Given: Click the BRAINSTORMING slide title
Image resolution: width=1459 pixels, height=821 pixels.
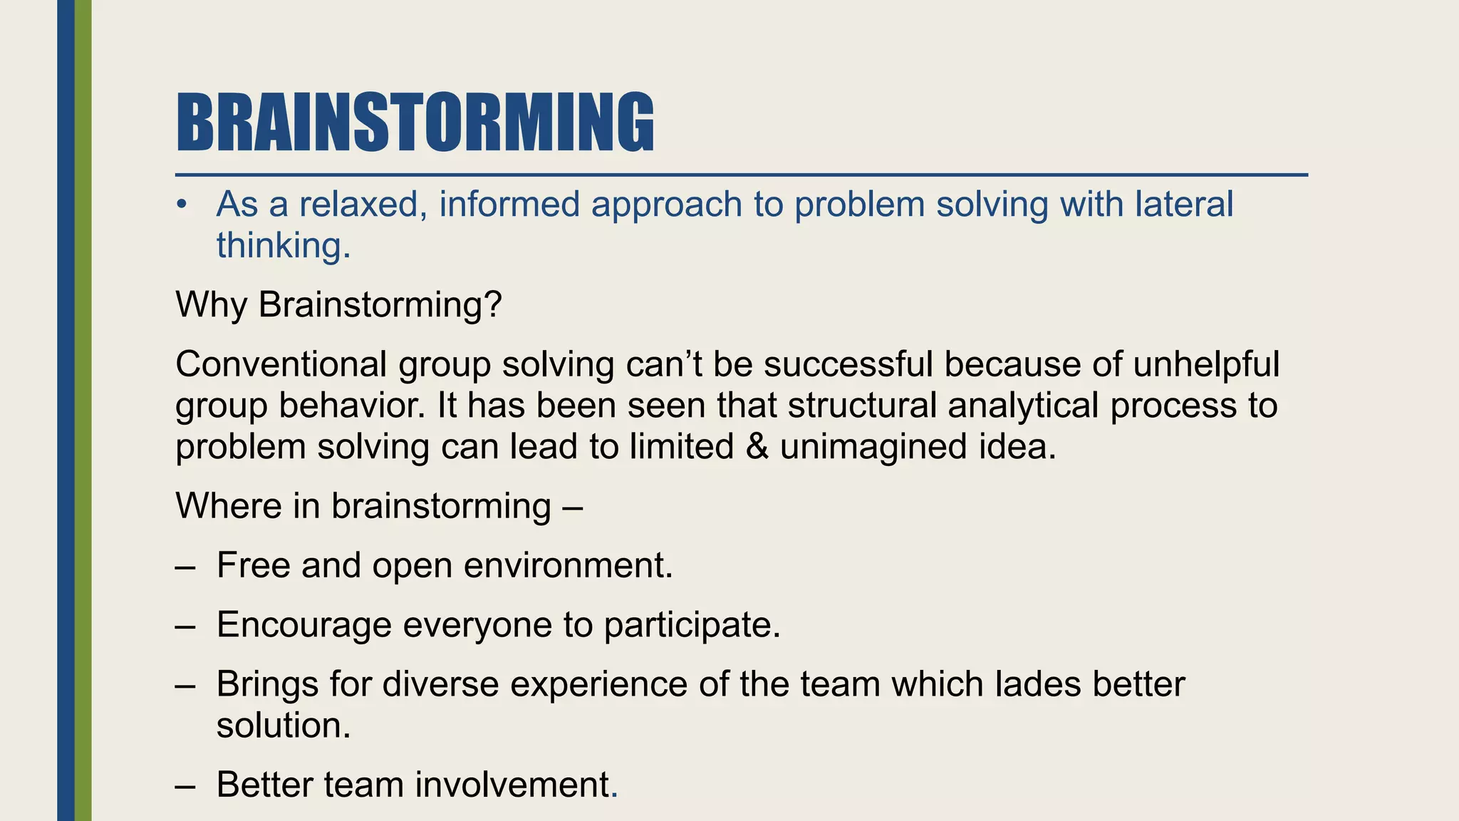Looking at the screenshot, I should pos(415,123).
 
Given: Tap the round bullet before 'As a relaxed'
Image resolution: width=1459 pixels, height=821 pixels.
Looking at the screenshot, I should pos(182,205).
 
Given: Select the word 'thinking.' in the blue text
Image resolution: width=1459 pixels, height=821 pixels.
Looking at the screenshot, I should pos(284,246).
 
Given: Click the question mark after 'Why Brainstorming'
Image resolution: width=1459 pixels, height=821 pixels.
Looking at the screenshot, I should pos(493,304).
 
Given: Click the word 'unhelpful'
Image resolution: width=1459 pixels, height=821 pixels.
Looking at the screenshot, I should pos(1206,364).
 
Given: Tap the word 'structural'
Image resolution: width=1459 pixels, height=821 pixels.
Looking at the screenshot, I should pos(862,406).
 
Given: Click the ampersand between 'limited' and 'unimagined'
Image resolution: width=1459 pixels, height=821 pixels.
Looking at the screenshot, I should pos(757,447).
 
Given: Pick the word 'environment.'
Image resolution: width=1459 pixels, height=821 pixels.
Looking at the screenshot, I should pos(568,566).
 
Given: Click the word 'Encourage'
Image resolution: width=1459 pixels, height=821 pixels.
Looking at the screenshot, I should pos(304,625).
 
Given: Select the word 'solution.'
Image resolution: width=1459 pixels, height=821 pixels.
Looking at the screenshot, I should pos(284,726).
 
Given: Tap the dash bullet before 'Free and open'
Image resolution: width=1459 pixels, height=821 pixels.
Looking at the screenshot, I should pos(185,567).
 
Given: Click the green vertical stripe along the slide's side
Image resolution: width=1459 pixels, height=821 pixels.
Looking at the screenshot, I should pos(83,410).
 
